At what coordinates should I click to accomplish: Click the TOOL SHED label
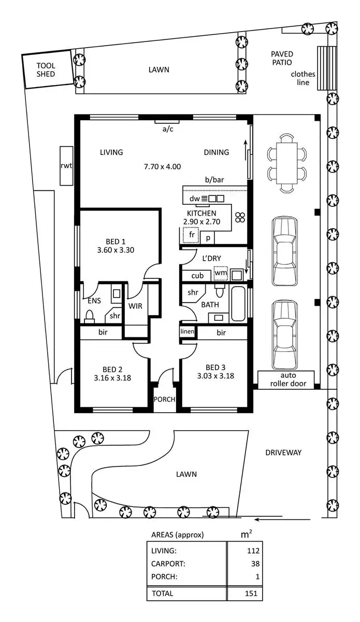[46, 70]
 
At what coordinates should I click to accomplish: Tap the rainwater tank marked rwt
[66, 166]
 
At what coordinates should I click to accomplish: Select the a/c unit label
[168, 129]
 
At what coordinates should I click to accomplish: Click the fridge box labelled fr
[191, 235]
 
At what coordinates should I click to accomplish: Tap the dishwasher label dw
[194, 199]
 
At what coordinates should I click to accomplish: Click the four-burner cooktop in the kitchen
[240, 218]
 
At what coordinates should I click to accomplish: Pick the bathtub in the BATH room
[239, 304]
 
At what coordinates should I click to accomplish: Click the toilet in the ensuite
[90, 316]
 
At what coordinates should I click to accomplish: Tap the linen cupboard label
[187, 331]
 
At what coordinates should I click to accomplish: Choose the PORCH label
[165, 400]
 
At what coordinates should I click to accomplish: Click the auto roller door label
[286, 380]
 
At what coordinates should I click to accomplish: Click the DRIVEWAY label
[283, 453]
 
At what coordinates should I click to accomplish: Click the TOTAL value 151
[252, 593]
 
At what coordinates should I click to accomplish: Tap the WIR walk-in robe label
[136, 306]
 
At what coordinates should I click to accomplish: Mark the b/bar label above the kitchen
[213, 180]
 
